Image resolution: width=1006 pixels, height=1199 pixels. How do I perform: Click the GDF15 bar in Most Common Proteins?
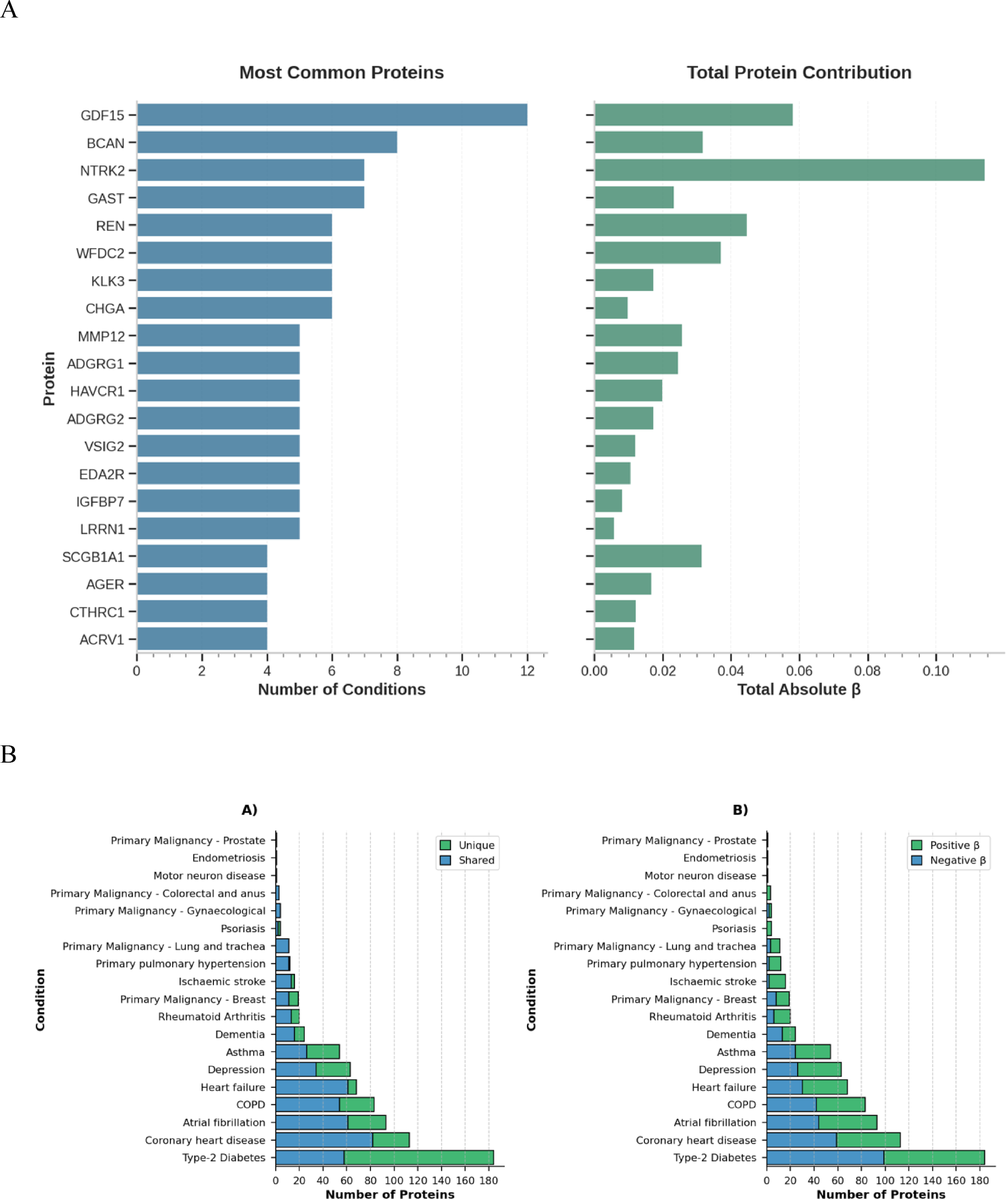pos(331,115)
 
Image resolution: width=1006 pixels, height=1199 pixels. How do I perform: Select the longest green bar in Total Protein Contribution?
pos(789,170)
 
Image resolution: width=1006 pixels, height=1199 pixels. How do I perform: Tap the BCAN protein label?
pos(105,143)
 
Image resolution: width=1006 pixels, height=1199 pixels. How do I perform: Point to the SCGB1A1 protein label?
pos(93,557)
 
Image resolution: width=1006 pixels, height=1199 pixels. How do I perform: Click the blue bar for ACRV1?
pos(202,639)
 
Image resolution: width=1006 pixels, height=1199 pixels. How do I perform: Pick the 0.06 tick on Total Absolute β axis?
pos(799,671)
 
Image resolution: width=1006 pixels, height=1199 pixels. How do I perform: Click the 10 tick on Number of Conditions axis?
pos(462,671)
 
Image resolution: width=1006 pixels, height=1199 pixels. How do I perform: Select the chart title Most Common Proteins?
pos(341,73)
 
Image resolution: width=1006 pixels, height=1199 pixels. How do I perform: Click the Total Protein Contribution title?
pos(799,73)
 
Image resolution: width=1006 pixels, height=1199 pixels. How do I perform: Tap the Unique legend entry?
pos(476,845)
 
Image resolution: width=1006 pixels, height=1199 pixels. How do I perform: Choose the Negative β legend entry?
pos(958,860)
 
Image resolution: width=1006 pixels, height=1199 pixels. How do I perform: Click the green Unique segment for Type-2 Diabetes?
pos(418,1157)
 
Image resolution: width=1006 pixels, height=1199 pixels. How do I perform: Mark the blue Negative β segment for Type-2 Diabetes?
pos(824,1157)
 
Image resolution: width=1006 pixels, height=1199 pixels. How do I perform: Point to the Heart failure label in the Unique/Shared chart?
pos(233,1087)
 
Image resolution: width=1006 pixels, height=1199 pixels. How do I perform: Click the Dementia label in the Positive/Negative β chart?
pos(730,1034)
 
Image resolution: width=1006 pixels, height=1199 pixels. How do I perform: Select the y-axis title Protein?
pos(49,378)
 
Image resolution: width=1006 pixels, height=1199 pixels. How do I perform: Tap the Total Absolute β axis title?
pos(799,690)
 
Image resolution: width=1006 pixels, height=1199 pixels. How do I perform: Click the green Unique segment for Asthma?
pos(323,1052)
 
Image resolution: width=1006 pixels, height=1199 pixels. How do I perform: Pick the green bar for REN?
pos(670,225)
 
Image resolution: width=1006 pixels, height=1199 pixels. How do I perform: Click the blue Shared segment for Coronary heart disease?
pos(323,1140)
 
